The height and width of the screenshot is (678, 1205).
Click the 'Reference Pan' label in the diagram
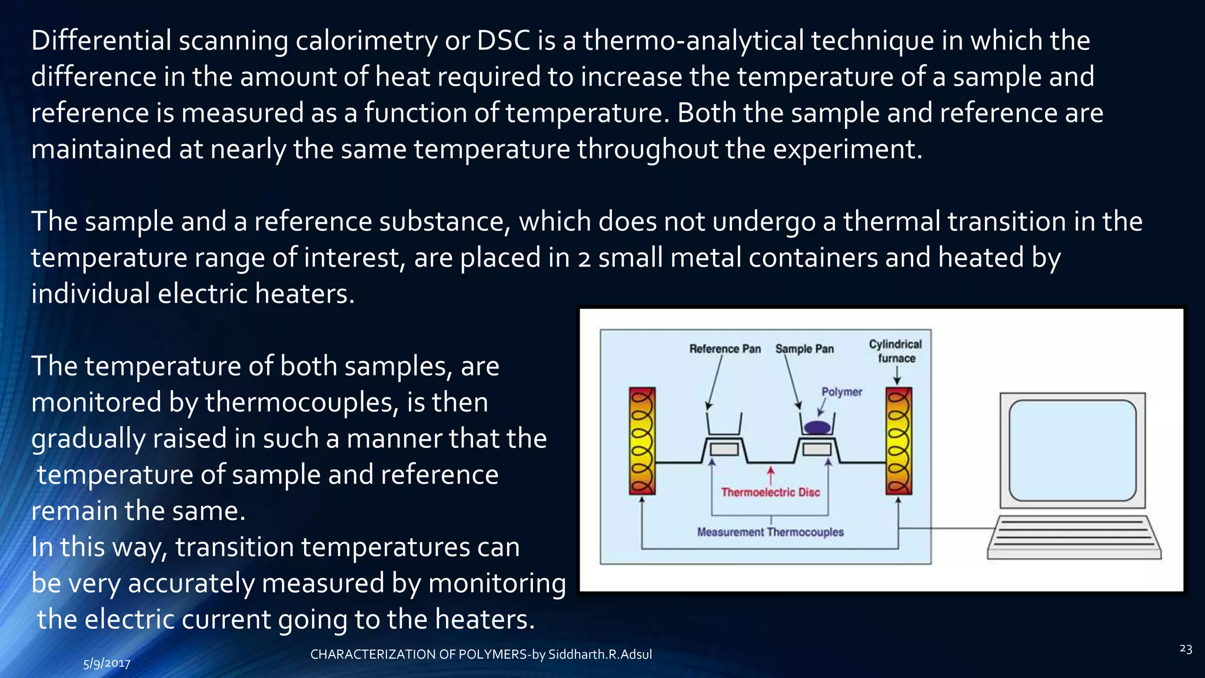tap(725, 349)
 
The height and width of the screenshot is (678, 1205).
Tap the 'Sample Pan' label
tap(804, 349)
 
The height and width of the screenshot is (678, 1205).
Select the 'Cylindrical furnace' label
tap(896, 351)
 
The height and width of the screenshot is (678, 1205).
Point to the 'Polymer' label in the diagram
tap(841, 392)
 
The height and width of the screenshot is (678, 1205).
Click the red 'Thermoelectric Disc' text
tap(770, 493)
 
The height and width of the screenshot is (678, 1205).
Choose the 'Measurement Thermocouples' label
tap(770, 532)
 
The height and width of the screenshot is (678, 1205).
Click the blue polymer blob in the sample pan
tap(817, 427)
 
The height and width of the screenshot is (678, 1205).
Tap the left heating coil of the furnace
tap(642, 441)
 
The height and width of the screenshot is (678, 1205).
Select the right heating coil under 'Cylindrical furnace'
tap(898, 441)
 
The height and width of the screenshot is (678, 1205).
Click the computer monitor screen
tap(1072, 450)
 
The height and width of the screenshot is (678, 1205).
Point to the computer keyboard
tap(1074, 537)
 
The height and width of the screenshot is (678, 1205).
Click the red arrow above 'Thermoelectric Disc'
tap(771, 474)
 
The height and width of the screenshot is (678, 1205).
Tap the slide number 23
tap(1186, 649)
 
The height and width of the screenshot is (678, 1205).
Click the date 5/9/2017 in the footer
tap(106, 664)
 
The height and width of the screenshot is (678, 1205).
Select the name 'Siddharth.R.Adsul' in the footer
tap(600, 654)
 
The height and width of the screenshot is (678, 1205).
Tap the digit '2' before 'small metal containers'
tap(584, 259)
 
